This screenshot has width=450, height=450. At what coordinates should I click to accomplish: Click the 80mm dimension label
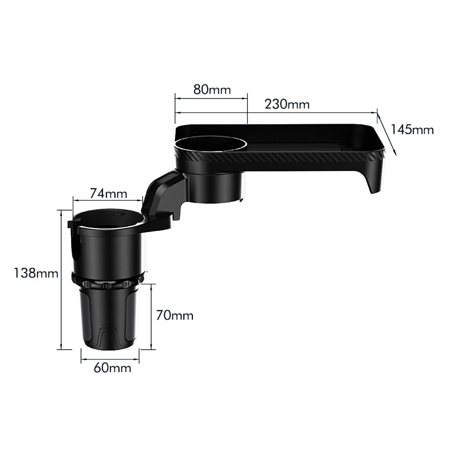tap(212, 89)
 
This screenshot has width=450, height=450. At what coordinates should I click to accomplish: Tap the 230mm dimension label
tap(287, 104)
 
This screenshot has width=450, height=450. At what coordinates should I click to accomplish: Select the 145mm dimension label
tap(412, 130)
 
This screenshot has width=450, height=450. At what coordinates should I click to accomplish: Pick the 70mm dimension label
tap(175, 315)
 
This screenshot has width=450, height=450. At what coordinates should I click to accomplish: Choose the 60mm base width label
tap(112, 368)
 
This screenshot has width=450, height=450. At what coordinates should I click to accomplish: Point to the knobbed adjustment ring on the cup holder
tap(108, 283)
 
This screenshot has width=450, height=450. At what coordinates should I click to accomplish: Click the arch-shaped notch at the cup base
tap(109, 337)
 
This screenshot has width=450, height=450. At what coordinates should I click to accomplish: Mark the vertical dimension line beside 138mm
tap(61, 279)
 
